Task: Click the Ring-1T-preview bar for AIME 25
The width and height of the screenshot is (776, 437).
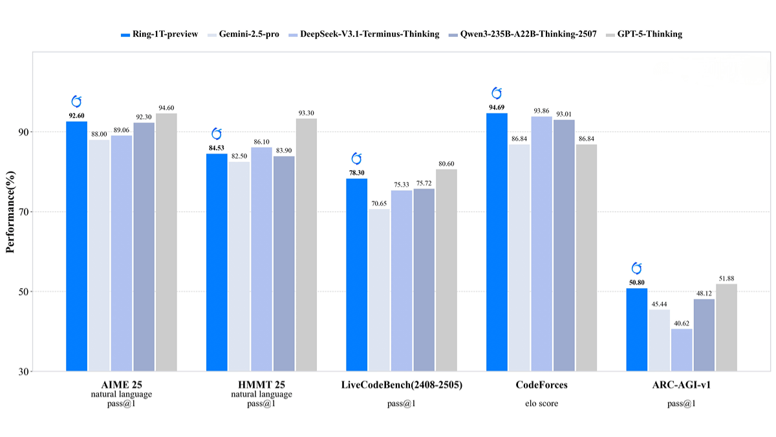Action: coord(76,246)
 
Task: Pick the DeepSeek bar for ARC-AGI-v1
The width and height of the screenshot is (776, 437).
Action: coord(681,350)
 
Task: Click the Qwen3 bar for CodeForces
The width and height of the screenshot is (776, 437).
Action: coord(564,245)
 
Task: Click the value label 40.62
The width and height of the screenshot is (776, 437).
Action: coord(681,323)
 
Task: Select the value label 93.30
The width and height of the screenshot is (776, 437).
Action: coord(306,113)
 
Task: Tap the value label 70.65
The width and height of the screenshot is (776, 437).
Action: coord(379,203)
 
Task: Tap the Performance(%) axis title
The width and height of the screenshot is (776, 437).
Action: coord(11,212)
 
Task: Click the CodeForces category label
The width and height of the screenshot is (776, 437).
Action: coord(541,385)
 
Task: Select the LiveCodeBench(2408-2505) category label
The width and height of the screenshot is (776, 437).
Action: coord(402,385)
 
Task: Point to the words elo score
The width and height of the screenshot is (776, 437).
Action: coord(541,403)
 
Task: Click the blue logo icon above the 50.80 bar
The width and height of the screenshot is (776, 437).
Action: coord(636,269)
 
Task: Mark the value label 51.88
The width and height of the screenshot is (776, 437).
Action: coord(726,278)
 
